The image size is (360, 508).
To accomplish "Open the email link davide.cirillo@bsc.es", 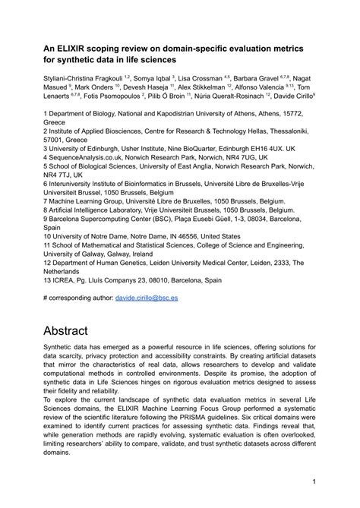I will (157, 299).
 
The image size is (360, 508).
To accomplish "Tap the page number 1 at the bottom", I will (314, 481).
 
